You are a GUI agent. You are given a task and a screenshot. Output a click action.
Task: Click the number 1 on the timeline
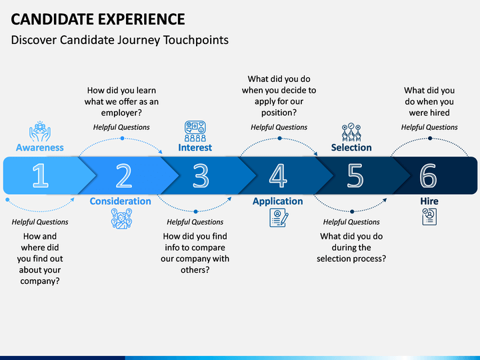pyautogui.click(x=41, y=175)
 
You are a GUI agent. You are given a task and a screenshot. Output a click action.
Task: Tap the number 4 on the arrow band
pyautogui.click(x=278, y=175)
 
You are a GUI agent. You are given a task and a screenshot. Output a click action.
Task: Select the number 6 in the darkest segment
pyautogui.click(x=428, y=175)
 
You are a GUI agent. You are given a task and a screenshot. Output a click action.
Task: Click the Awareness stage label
pyautogui.click(x=40, y=147)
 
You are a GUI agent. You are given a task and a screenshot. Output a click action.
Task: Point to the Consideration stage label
pyautogui.click(x=120, y=201)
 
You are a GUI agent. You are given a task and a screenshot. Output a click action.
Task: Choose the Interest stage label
pyautogui.click(x=195, y=147)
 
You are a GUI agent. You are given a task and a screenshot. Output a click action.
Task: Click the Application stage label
pyautogui.click(x=277, y=201)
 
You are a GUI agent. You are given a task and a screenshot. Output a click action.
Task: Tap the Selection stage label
pyautogui.click(x=351, y=147)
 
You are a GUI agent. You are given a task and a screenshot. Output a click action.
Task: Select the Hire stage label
pyautogui.click(x=429, y=201)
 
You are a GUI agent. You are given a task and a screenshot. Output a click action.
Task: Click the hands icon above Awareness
pyautogui.click(x=40, y=131)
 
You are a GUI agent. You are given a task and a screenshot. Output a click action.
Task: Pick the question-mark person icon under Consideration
pyautogui.click(x=121, y=219)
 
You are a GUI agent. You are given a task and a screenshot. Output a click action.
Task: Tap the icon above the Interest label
pyautogui.click(x=195, y=131)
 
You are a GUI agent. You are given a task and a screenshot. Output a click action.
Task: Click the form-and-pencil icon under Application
pyautogui.click(x=279, y=217)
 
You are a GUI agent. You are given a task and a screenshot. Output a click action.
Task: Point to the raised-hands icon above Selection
pyautogui.click(x=351, y=132)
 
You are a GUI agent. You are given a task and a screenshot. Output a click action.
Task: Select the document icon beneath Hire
pyautogui.click(x=429, y=217)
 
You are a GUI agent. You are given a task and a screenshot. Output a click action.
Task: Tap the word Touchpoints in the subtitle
pyautogui.click(x=196, y=40)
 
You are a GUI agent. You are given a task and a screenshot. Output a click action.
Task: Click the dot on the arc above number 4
pyautogui.click(x=279, y=139)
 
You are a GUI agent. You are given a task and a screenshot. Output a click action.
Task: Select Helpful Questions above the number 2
pyautogui.click(x=121, y=127)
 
